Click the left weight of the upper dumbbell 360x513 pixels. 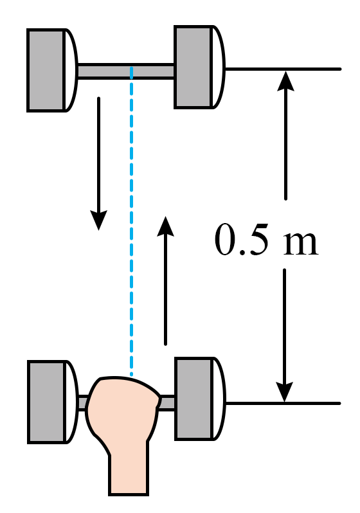46,70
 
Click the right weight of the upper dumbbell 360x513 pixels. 193,67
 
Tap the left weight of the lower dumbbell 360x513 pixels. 46,402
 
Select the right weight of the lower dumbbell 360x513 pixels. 194,399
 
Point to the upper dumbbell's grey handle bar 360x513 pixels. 126,71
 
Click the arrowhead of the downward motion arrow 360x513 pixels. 98,221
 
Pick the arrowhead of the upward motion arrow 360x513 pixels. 165,226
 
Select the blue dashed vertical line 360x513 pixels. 132,222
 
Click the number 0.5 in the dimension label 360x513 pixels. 242,240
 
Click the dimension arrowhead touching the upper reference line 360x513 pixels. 285,80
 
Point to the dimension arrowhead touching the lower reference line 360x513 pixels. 284,392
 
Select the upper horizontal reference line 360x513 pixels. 283,69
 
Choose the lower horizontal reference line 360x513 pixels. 283,404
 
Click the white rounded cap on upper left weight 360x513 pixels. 71,70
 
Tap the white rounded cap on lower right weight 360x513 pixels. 219,399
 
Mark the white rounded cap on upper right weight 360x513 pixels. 219,67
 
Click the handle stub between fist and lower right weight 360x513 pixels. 167,402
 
